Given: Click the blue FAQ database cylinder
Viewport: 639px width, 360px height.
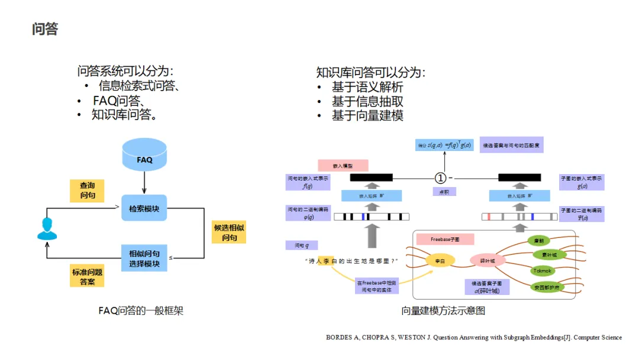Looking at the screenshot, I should (x=144, y=155).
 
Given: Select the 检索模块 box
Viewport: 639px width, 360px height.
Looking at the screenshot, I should (x=144, y=208).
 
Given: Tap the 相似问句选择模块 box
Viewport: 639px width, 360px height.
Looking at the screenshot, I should (x=144, y=258).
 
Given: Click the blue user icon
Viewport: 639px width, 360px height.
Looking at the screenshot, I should (x=47, y=229).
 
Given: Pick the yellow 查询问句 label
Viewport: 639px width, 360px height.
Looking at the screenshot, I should (x=88, y=190).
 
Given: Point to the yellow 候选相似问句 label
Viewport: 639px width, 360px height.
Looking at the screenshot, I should (x=229, y=232).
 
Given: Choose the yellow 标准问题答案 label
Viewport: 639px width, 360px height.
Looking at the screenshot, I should (x=87, y=277).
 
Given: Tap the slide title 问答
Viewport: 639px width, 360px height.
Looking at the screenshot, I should (x=45, y=29).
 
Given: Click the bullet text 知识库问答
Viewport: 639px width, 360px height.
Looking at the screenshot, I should (x=124, y=115).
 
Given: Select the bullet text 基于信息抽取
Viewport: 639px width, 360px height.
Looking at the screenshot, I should (x=367, y=101).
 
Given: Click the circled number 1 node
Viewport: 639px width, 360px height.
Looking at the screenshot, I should (x=440, y=178).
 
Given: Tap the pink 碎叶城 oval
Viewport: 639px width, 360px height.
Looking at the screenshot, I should (x=487, y=261).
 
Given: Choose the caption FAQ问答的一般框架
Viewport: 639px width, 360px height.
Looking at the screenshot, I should (x=141, y=310).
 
